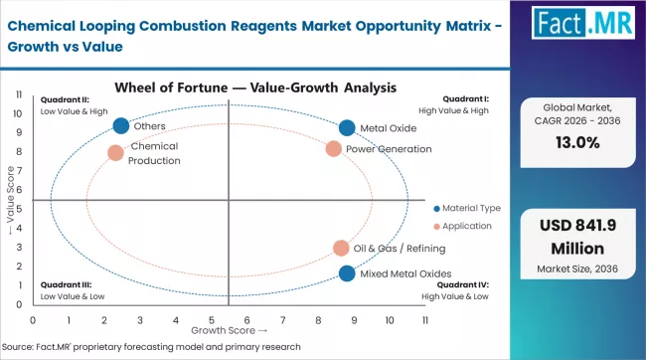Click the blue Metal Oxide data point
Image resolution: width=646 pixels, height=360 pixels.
[346, 127]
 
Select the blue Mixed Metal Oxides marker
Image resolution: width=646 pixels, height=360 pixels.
[346, 273]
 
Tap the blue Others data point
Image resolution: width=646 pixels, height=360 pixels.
[121, 125]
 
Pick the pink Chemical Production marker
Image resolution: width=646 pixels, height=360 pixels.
[115, 153]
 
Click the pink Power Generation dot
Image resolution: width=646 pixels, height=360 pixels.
[334, 149]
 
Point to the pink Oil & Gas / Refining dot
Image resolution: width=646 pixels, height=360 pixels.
[341, 249]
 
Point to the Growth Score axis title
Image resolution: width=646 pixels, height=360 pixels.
[229, 330]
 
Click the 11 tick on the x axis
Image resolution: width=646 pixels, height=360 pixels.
[425, 320]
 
